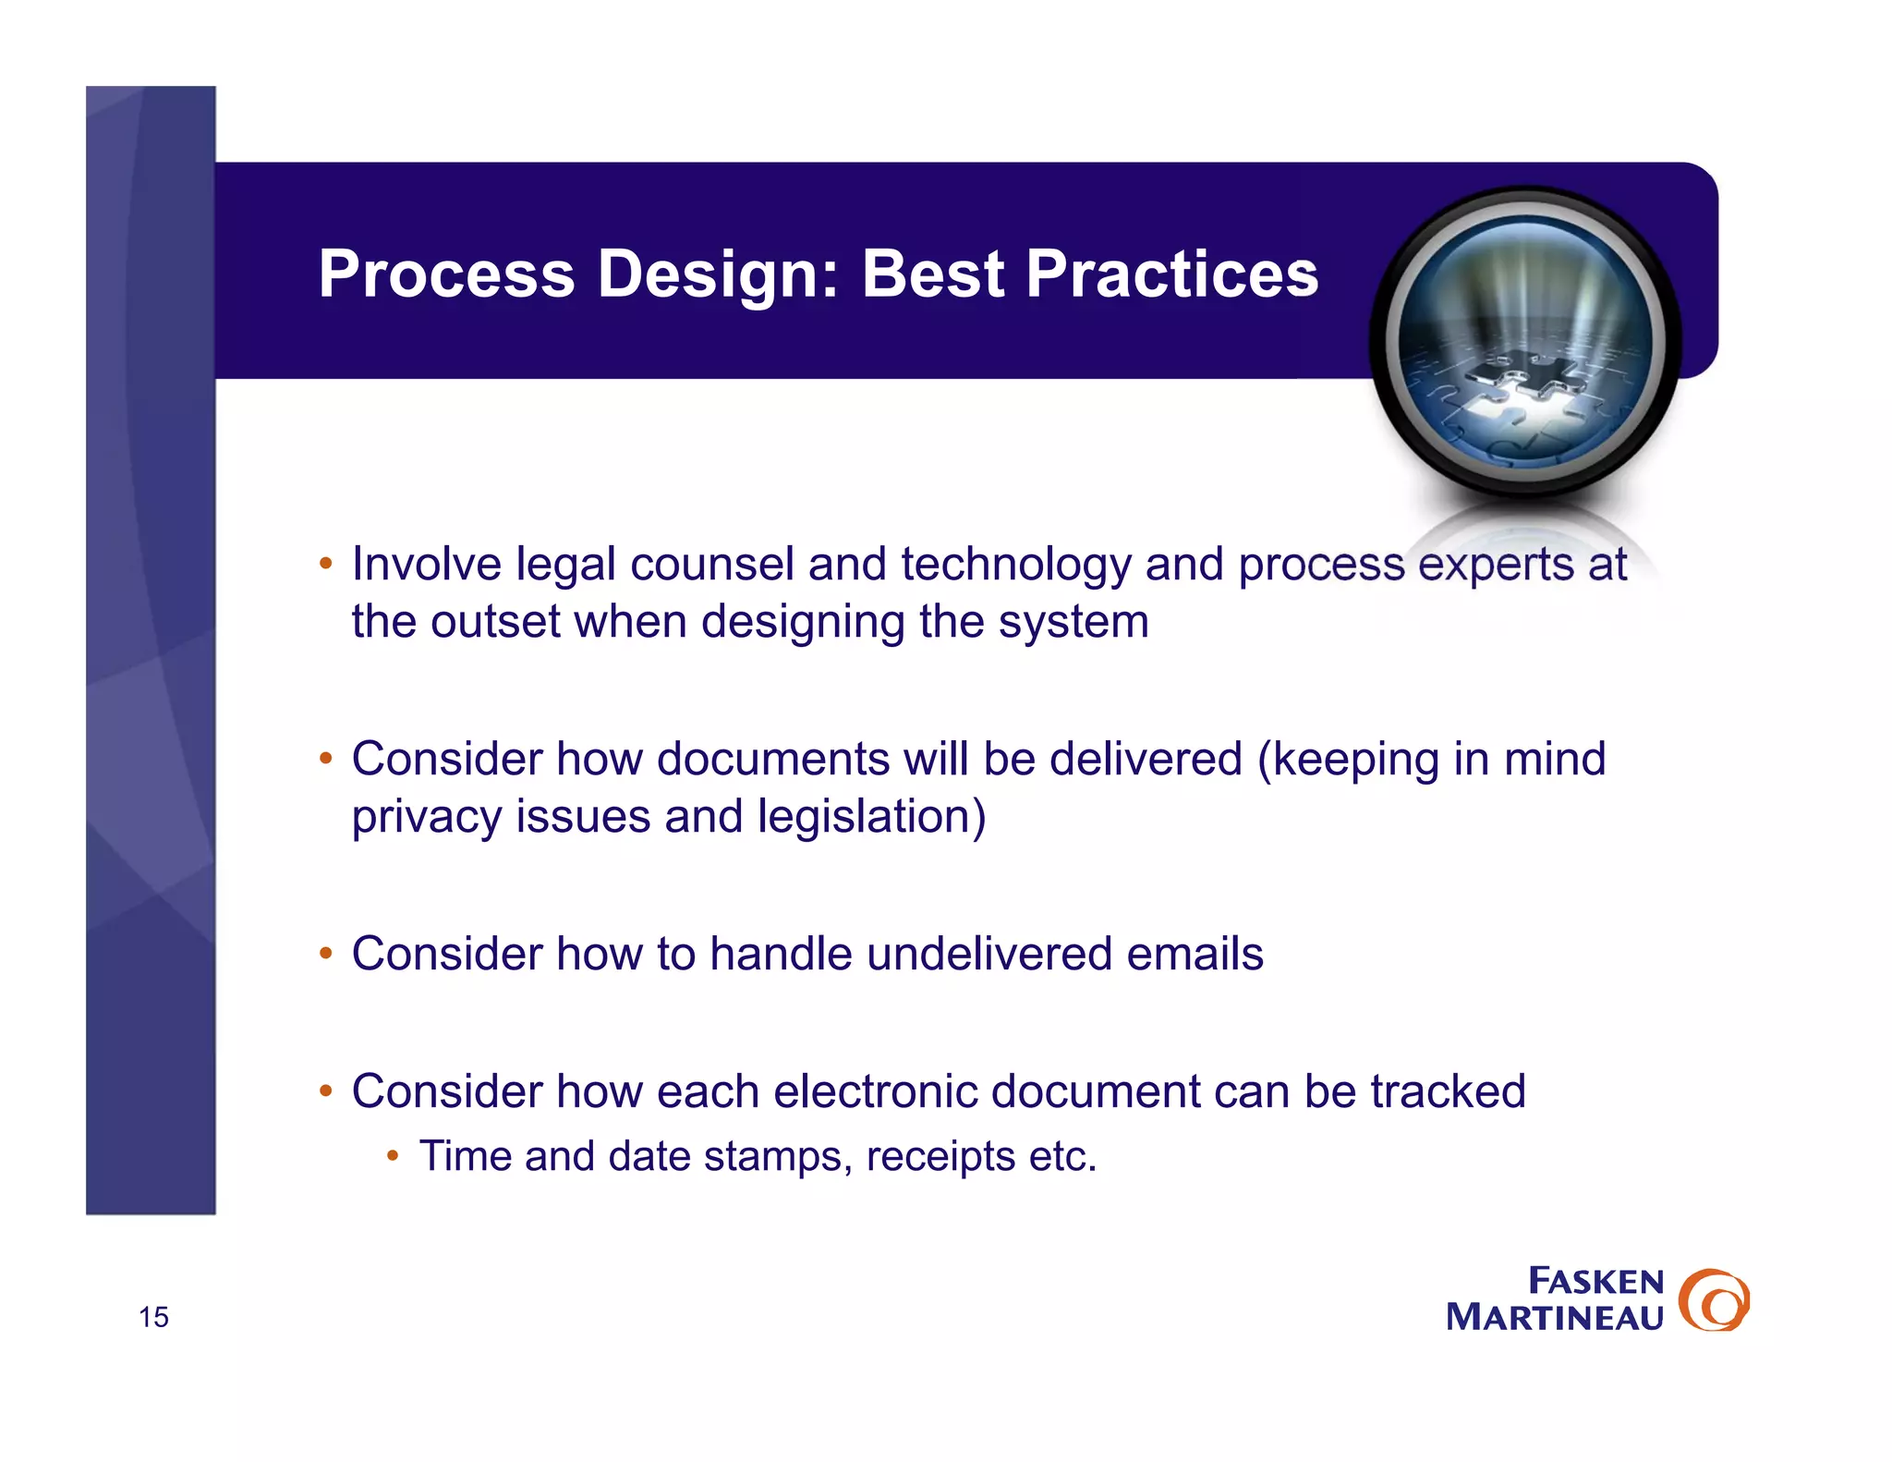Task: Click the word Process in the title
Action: tap(446, 274)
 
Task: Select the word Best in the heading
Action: tap(932, 274)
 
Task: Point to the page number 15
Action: tap(153, 1316)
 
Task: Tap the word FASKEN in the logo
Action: tap(1595, 1281)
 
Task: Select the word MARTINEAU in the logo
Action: tap(1554, 1317)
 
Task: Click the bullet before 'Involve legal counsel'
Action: tap(325, 563)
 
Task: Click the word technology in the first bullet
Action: tap(1015, 566)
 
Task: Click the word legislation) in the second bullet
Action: tap(871, 818)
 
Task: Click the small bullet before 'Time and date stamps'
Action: tap(393, 1155)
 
